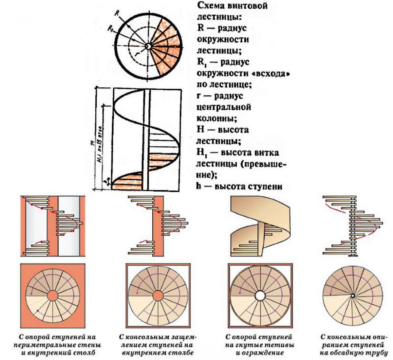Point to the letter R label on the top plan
point(117,13)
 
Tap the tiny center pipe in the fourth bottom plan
point(352,296)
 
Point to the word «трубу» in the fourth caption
point(378,353)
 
